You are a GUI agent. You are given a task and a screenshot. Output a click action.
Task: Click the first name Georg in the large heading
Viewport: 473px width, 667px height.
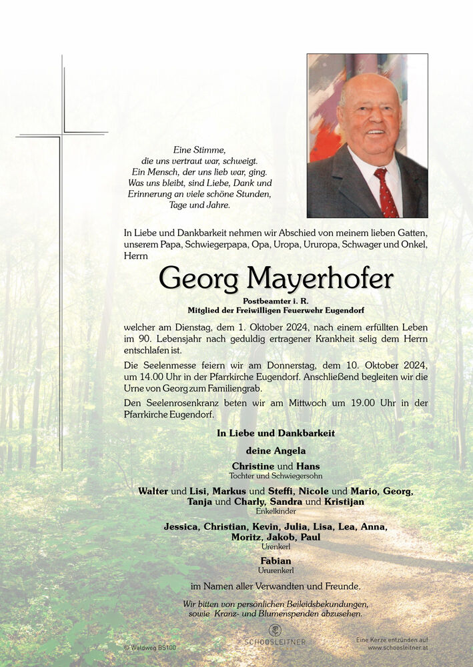[198, 279]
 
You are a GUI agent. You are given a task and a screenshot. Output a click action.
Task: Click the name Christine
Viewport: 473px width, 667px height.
[253, 466]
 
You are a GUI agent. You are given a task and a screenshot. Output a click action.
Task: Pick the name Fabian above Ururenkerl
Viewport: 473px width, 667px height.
[276, 561]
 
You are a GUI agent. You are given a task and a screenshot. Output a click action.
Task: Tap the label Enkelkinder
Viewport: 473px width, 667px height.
[276, 511]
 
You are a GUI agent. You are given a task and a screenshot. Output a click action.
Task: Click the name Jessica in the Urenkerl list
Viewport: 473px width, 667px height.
[181, 527]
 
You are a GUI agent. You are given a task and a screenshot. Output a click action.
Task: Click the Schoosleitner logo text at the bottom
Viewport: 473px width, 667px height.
[275, 642]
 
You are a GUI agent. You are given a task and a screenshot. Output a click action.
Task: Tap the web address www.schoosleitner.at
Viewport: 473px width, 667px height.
[397, 648]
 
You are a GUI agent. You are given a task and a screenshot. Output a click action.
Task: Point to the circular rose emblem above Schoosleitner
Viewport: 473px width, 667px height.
[275, 630]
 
